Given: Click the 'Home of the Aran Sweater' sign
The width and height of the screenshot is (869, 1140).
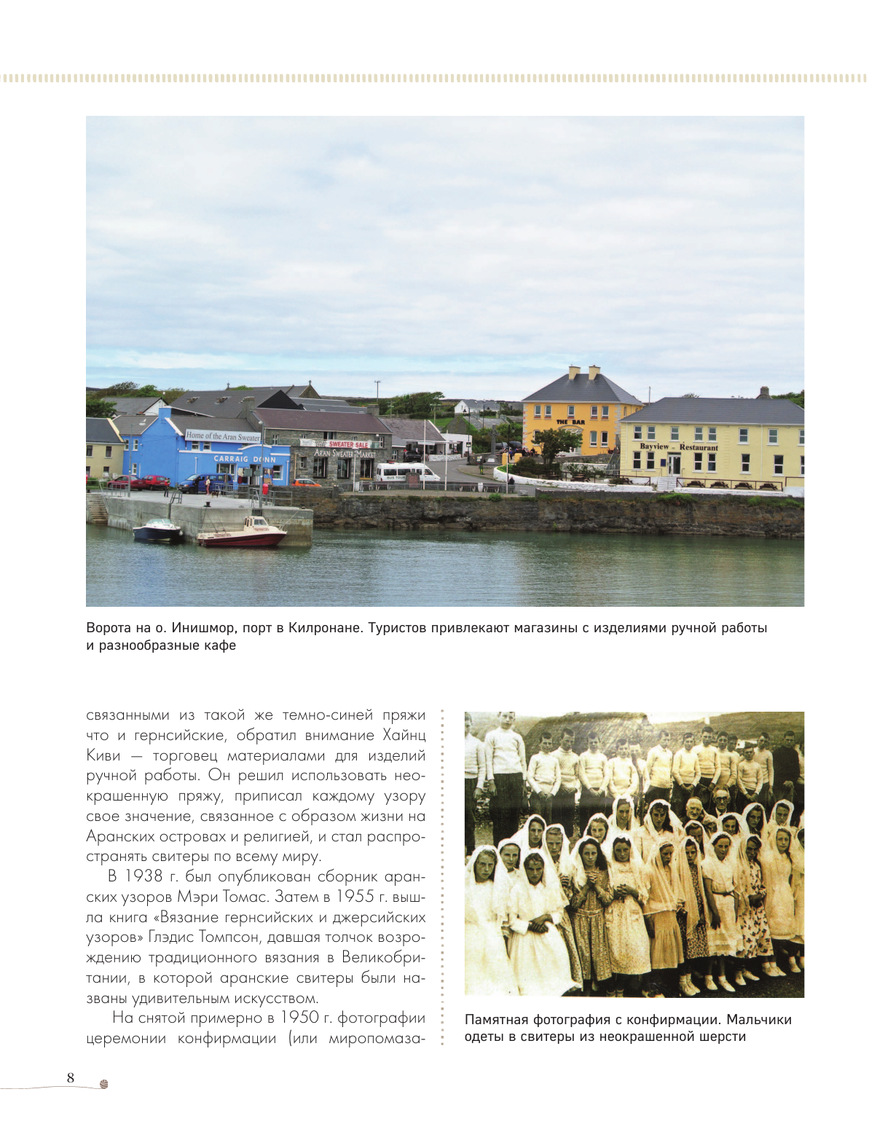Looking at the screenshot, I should [x=222, y=436].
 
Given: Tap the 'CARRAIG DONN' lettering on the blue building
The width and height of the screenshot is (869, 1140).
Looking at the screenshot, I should [x=245, y=459].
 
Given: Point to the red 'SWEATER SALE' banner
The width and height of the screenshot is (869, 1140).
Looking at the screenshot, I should [x=349, y=444].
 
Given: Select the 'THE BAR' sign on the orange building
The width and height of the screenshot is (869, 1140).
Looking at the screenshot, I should [x=570, y=422].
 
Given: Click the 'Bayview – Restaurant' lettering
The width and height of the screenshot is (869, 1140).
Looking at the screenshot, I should [x=678, y=447].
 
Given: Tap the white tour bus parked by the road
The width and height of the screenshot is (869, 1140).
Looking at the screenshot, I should [x=406, y=473].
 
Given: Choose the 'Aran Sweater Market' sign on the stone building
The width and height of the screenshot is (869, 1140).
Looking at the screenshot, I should [x=345, y=453].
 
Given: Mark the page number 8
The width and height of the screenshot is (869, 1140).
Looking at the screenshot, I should [x=71, y=1078].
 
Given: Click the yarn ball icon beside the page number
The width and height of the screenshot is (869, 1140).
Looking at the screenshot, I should [x=104, y=1084].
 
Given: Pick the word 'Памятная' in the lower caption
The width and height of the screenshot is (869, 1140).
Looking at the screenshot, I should [x=497, y=1020].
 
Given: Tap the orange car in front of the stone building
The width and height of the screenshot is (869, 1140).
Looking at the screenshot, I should [x=307, y=482].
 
